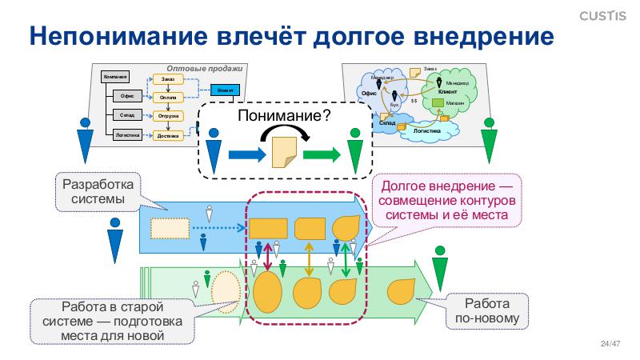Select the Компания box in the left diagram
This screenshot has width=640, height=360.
(x=114, y=77)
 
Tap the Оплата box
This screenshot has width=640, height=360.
(x=168, y=98)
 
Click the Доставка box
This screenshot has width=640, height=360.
(x=168, y=135)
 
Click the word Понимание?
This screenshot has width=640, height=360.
(x=285, y=117)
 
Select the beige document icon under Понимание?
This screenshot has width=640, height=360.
(x=284, y=151)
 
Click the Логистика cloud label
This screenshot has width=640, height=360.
(x=427, y=129)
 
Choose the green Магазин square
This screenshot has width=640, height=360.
(x=438, y=102)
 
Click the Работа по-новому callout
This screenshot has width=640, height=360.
(x=487, y=313)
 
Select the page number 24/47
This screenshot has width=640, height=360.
(x=610, y=345)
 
